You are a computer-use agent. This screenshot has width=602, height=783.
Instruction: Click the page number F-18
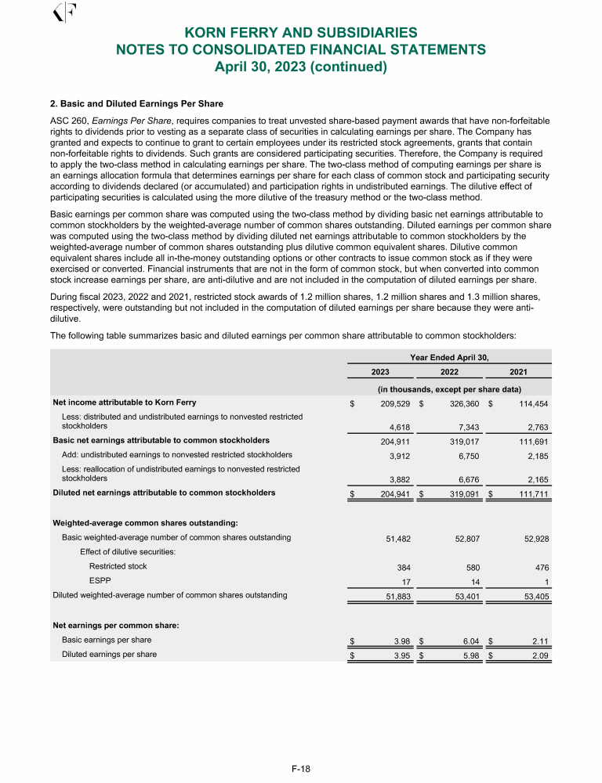pos(301,769)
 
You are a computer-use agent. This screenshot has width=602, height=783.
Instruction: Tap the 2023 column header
pos(380,371)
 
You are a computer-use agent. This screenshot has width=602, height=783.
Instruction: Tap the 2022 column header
pos(449,371)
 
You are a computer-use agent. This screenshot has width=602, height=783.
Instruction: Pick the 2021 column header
pos(518,371)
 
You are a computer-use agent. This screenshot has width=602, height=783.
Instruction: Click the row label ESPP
pos(100,580)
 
